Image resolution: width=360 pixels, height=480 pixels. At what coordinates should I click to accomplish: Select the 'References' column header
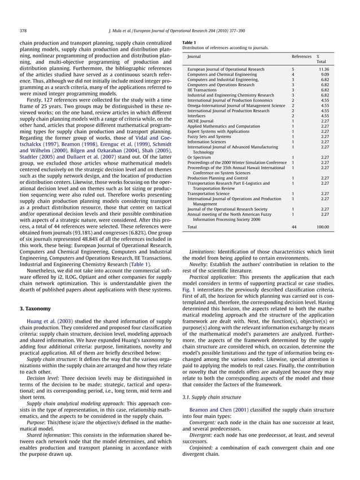[301, 57]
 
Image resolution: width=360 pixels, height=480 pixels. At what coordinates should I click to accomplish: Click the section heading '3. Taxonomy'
[36, 309]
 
